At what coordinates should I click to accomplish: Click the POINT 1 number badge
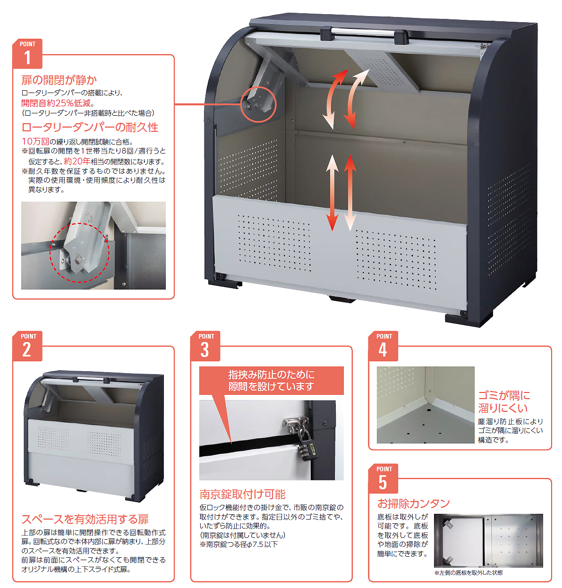27,54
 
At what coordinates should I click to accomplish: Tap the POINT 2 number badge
27,346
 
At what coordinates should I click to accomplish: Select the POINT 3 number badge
205,346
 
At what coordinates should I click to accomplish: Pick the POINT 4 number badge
383,346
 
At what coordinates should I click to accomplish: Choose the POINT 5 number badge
383,478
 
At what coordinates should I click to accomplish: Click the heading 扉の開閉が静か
59,80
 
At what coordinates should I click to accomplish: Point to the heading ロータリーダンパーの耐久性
90,127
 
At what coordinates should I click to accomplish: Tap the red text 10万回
35,141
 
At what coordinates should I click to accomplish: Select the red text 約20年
77,162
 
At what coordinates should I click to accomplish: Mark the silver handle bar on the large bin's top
365,31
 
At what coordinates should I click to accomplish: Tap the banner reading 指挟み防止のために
272,375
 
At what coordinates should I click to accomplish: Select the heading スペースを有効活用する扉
85,519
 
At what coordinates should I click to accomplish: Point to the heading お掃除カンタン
413,503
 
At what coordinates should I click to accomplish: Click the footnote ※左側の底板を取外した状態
468,572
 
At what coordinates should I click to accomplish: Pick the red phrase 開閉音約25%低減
56,103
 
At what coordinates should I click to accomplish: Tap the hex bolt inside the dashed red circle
77,259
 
